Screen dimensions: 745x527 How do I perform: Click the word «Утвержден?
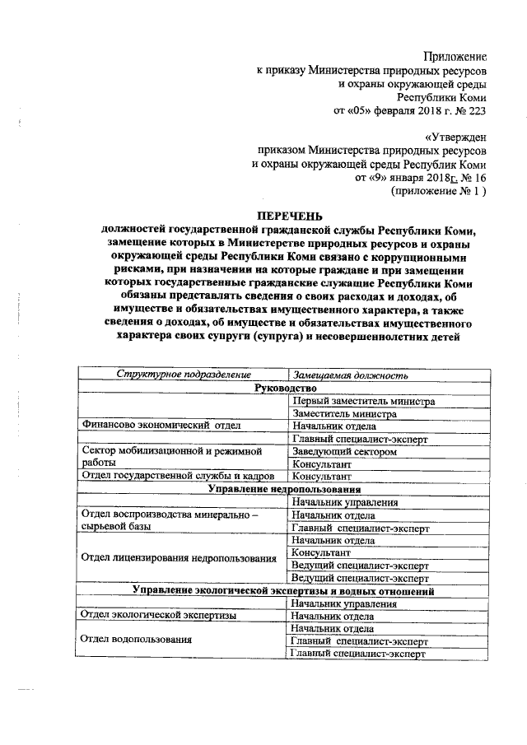coord(455,137)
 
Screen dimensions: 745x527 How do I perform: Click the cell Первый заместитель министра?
coord(362,401)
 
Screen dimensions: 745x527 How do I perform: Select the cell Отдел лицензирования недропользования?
coord(178,558)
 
